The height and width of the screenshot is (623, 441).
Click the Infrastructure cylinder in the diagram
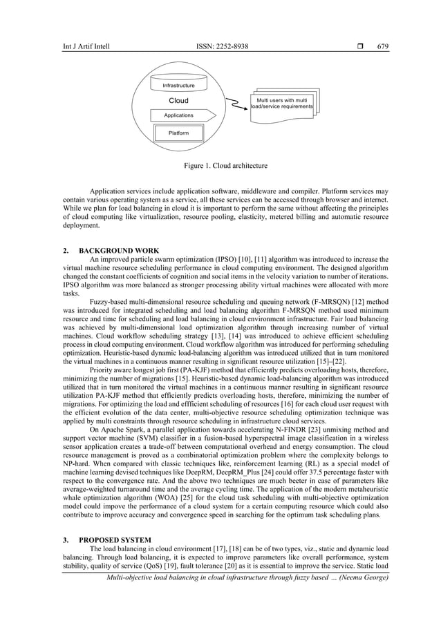(178, 85)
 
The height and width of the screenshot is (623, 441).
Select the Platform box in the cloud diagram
(178, 133)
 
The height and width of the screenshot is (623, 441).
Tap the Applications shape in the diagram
(178, 115)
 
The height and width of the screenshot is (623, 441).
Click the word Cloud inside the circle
(178, 101)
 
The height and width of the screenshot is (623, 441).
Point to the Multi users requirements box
(283, 104)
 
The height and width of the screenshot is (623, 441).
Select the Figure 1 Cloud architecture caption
(220, 166)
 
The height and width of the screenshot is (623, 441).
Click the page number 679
(383, 46)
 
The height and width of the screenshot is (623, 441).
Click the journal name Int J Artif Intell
(86, 46)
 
